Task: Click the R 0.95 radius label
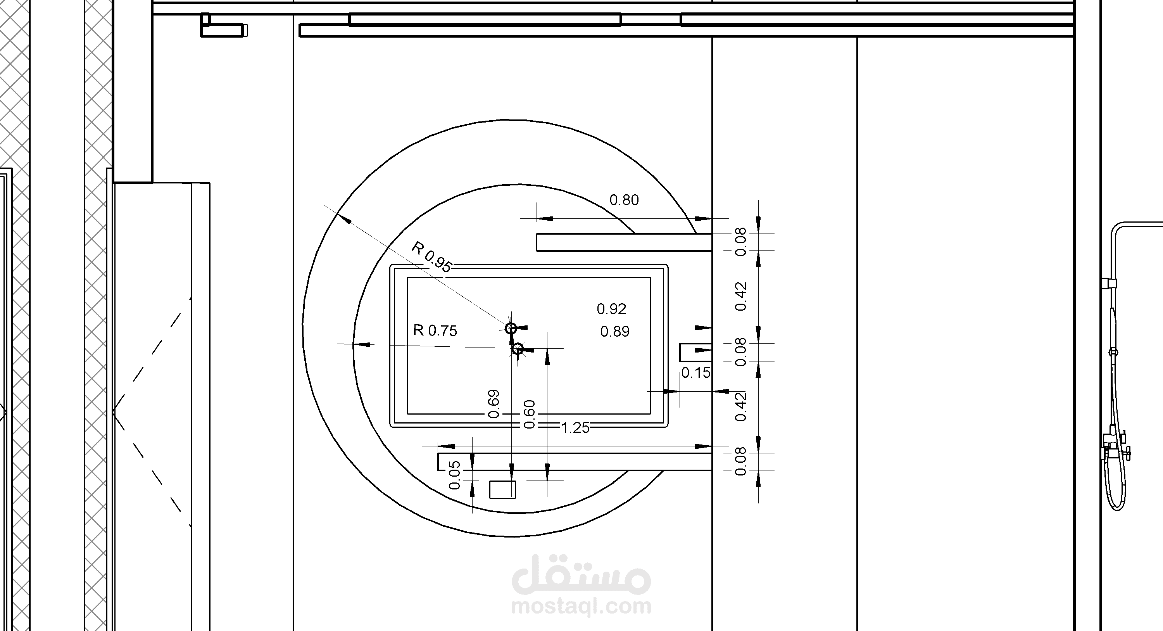431,257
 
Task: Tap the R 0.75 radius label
435,331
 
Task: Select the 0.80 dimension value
624,200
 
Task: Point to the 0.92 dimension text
611,309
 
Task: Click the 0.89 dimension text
614,332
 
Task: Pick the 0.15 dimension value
696,373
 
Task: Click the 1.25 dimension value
575,428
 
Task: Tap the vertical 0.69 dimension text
494,404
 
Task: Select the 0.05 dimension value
455,475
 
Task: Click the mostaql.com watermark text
581,606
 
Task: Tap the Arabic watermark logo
581,574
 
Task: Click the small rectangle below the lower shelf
502,489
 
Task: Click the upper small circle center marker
511,328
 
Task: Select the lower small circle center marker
518,349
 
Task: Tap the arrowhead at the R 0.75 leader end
361,345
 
